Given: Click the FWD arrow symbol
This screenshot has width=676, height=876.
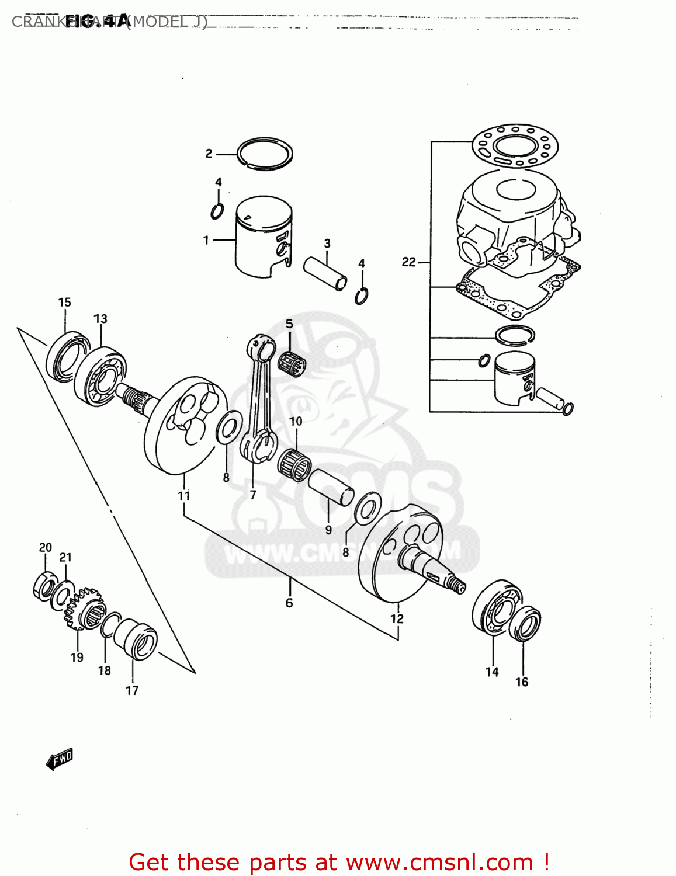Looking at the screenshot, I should click(x=60, y=759).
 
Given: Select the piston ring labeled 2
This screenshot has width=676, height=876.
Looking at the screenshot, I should click(x=265, y=154).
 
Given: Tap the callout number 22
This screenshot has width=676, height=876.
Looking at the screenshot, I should click(x=408, y=262).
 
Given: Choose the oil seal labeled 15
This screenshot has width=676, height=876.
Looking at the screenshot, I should click(x=65, y=356).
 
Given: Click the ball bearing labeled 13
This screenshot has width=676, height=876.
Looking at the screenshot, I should click(x=100, y=376).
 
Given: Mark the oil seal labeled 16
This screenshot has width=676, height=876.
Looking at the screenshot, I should click(x=525, y=623).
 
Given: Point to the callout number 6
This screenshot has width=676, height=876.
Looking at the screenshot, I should click(x=289, y=603).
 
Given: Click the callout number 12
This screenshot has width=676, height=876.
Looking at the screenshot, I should click(x=397, y=618).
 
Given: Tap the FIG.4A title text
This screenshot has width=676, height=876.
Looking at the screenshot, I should click(x=96, y=21).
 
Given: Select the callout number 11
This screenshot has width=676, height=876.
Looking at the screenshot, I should click(x=183, y=496).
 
